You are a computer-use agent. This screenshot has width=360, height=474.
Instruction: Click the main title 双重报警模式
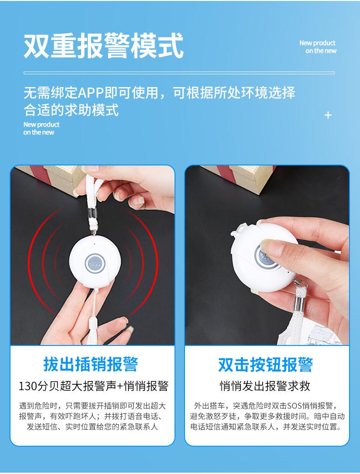[104, 46]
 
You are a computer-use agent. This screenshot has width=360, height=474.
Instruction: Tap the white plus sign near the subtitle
[328, 115]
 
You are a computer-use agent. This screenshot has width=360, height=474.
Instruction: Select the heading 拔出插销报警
[91, 364]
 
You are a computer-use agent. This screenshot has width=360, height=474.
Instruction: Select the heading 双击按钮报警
[265, 365]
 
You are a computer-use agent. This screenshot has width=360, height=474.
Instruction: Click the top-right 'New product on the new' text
[318, 47]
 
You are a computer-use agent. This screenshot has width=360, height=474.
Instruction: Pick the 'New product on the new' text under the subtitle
[41, 128]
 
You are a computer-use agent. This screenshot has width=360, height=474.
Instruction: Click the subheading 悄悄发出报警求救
[265, 386]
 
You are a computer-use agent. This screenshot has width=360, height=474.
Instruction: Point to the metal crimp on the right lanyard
[298, 303]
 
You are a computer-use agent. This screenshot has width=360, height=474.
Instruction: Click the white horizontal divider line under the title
[179, 73]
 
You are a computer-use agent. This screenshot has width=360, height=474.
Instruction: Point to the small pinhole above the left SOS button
[95, 244]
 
